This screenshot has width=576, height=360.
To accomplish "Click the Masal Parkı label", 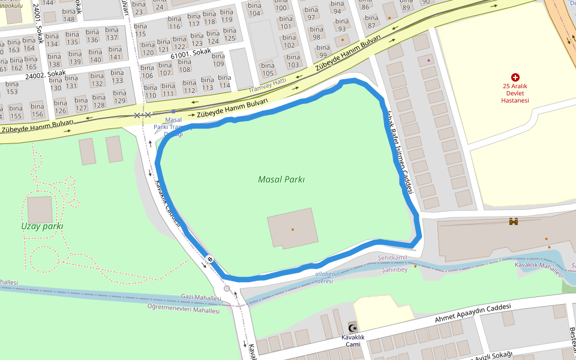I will pos(281,179).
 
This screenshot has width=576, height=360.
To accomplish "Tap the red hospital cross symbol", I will pos(515,77).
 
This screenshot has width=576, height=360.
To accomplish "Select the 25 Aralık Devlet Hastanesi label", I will pos(515,93).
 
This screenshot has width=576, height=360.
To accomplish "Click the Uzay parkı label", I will pos(42,226).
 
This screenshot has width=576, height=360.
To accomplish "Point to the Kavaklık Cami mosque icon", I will pos(353,328).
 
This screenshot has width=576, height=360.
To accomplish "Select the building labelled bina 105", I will pos(268,70).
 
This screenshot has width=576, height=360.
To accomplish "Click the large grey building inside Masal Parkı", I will pos(292,228).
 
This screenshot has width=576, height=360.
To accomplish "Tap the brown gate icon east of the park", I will pos(514,222).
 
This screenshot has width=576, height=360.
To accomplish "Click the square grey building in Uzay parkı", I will pos(40,209).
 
